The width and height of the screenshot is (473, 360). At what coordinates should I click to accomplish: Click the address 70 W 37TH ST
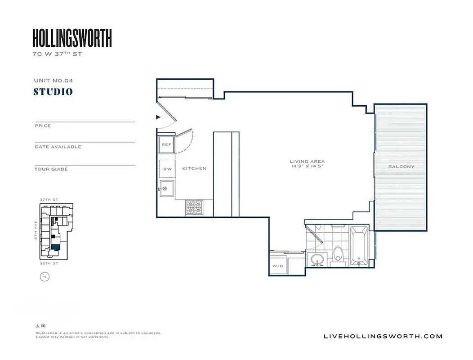coord(57,54)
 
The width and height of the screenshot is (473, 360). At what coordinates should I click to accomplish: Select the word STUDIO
coord(53,92)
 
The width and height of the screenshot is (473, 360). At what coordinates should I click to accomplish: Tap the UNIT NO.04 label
coord(53,81)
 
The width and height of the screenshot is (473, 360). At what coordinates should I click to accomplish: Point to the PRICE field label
coord(43,126)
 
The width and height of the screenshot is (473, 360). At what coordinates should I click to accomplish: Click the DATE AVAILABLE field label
coord(58,147)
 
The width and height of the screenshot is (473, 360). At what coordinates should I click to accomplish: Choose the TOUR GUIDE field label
coord(51,169)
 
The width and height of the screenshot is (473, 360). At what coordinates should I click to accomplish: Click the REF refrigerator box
coord(166,144)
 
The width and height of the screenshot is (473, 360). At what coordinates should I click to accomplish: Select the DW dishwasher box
coord(167,169)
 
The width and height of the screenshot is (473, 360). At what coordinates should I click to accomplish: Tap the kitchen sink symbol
coord(166,188)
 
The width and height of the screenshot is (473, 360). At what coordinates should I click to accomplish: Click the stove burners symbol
coord(194,207)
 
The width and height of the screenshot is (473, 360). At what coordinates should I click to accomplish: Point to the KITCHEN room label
coord(194,169)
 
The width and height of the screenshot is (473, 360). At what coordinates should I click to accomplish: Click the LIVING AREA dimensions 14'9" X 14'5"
coord(307,166)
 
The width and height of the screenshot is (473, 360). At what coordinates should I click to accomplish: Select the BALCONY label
coord(401,166)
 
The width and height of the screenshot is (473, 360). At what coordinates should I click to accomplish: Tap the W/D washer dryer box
coord(278,266)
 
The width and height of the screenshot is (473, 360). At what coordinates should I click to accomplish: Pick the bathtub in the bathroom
coord(359,246)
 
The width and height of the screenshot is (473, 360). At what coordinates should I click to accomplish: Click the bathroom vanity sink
coord(318,260)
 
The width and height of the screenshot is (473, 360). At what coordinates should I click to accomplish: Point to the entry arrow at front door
coord(158,117)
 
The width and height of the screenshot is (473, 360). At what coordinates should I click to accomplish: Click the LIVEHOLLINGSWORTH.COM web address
coord(383,336)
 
